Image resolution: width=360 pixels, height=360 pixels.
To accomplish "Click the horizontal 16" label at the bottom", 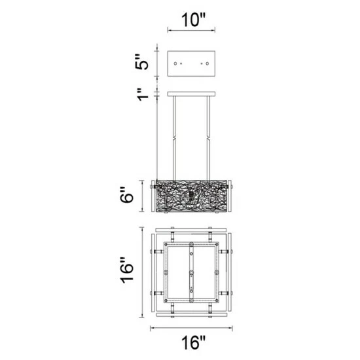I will point(193,340).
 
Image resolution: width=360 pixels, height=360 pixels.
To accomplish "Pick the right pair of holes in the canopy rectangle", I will point(205,64).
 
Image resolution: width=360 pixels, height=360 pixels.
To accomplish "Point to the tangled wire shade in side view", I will point(192,196).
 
